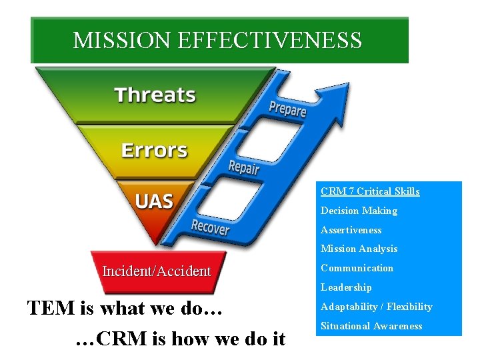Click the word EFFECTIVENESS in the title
[x=270, y=41]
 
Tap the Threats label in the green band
[x=155, y=95]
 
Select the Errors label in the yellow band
[x=155, y=149]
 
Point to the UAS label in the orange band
[x=155, y=201]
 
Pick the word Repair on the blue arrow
[x=243, y=167]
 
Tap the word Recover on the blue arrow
[x=210, y=227]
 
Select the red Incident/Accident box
[x=157, y=271]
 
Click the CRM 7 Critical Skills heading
[x=370, y=191]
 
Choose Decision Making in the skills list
[x=359, y=211]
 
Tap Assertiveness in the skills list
[x=351, y=230]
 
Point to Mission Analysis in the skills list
[x=359, y=249]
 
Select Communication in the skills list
[x=357, y=268]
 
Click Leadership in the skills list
[x=346, y=287]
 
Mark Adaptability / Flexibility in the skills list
[x=376, y=307]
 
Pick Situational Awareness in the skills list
[x=371, y=326]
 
